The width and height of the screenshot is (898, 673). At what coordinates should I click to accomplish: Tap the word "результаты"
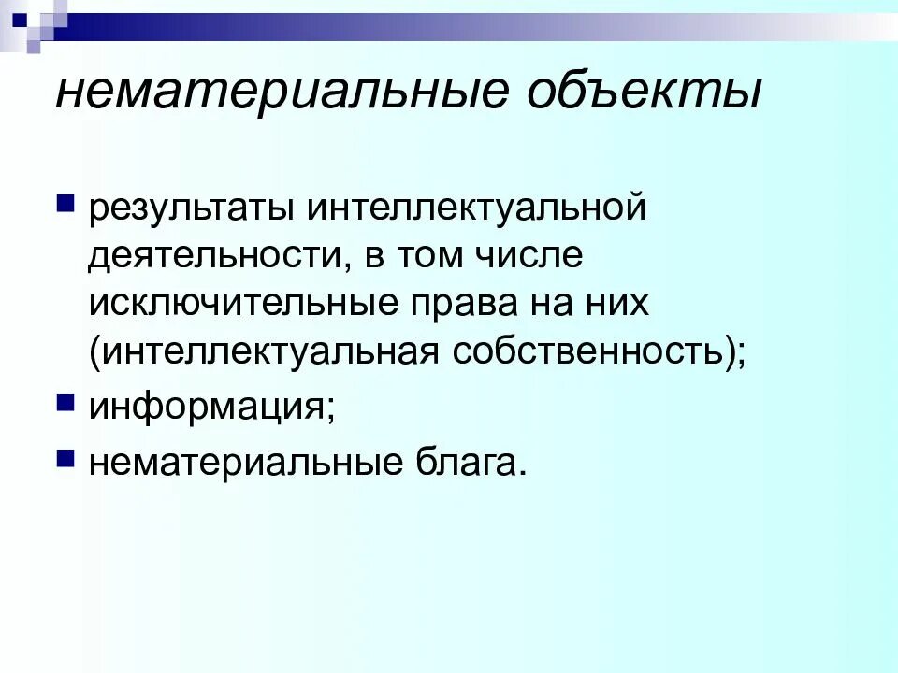coord(186,208)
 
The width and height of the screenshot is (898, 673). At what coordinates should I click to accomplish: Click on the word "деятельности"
coord(213,256)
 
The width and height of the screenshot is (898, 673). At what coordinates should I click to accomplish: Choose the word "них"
coord(616,304)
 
